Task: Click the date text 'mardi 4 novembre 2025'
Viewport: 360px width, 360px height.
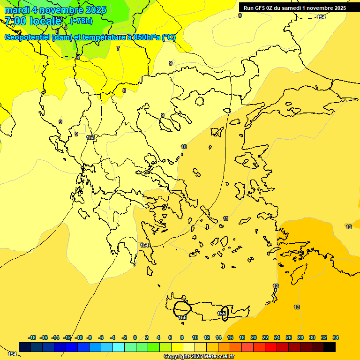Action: tap(55, 10)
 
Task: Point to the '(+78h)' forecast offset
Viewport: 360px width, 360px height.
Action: tap(81, 21)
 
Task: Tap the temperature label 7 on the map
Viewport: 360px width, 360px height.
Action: tap(118, 48)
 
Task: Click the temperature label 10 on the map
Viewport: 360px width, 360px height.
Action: tap(184, 147)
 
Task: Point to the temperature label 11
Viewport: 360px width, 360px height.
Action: tap(225, 219)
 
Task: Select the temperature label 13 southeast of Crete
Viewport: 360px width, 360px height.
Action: tap(297, 307)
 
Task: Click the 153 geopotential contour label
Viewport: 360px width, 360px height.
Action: tap(90, 137)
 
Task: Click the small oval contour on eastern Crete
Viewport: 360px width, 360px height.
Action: tap(225, 313)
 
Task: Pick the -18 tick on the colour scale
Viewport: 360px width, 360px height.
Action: tap(32, 337)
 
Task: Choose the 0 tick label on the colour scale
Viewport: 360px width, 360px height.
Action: tap(135, 337)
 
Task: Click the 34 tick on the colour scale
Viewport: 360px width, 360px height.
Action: tap(336, 337)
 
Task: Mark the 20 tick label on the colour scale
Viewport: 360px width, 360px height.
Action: tap(254, 337)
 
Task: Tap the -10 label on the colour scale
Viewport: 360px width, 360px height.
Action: tap(79, 337)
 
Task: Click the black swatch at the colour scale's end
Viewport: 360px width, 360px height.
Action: tap(330, 347)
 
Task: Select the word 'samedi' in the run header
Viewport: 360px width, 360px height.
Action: tap(291, 8)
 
